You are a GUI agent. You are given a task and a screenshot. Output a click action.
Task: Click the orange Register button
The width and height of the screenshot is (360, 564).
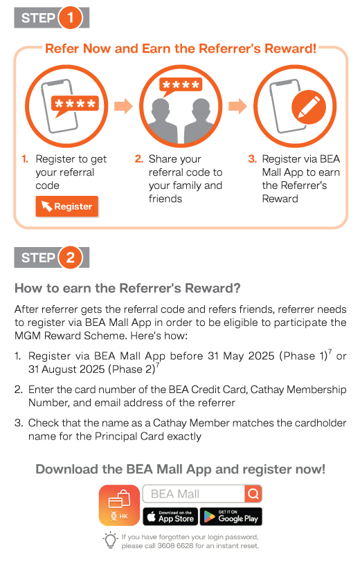67,206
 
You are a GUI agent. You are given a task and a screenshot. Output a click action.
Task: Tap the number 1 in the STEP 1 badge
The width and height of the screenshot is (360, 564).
70,17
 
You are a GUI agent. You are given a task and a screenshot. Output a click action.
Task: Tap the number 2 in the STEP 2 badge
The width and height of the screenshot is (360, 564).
70,257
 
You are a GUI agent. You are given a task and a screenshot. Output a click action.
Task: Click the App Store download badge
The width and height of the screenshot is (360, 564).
170,516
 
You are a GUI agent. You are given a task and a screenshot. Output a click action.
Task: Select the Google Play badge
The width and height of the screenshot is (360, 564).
231,516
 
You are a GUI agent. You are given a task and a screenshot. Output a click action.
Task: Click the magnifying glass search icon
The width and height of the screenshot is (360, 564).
253,494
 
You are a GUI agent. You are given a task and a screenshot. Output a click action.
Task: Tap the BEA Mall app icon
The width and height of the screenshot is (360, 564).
119,505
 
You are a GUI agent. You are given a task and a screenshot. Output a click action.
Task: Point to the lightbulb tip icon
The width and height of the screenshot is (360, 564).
110,540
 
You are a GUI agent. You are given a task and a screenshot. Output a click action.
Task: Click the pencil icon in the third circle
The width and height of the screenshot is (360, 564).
309,107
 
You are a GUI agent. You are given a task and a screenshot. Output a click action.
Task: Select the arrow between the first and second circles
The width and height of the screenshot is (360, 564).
123,106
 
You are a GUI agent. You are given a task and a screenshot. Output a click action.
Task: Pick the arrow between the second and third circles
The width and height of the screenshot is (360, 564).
238,106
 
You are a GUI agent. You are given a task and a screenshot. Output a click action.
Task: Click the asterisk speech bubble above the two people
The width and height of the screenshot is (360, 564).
181,86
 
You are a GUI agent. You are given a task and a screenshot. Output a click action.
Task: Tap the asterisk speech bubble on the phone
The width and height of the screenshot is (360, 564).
75,105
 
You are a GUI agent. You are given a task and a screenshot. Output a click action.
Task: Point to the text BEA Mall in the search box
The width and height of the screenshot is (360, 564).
175,494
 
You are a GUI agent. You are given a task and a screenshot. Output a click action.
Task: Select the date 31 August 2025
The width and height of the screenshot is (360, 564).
66,370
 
